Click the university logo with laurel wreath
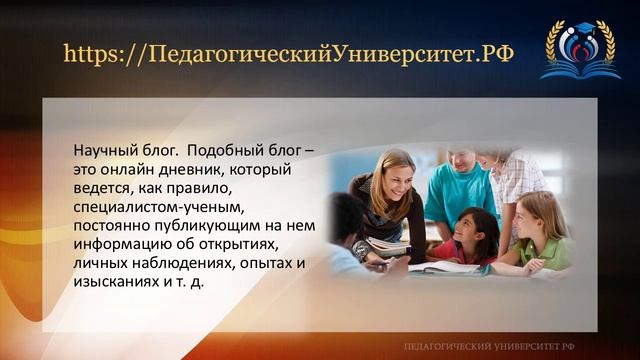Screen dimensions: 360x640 pos(579,48)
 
